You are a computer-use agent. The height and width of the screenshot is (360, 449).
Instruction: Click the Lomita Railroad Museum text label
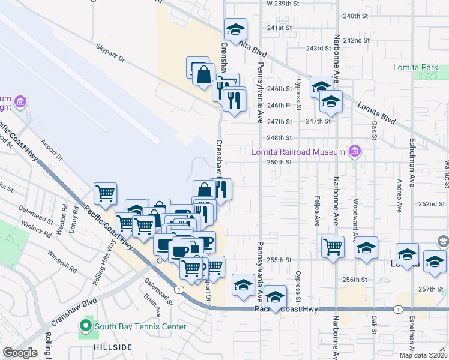coord(298,152)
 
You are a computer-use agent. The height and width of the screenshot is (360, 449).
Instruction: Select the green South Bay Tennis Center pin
coord(85,327)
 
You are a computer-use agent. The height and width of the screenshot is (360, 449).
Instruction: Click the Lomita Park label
coord(415,68)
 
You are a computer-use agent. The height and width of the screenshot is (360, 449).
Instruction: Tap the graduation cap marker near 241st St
coord(236,29)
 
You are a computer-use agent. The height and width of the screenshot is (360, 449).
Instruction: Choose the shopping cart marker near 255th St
coord(333,247)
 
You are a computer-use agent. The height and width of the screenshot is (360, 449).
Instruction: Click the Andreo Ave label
coord(399,199)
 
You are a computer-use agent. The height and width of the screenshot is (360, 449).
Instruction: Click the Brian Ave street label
coord(154,305)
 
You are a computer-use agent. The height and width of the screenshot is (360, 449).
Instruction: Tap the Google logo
coord(20,353)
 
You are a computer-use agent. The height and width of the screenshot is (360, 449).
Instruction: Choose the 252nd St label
coord(431,204)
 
